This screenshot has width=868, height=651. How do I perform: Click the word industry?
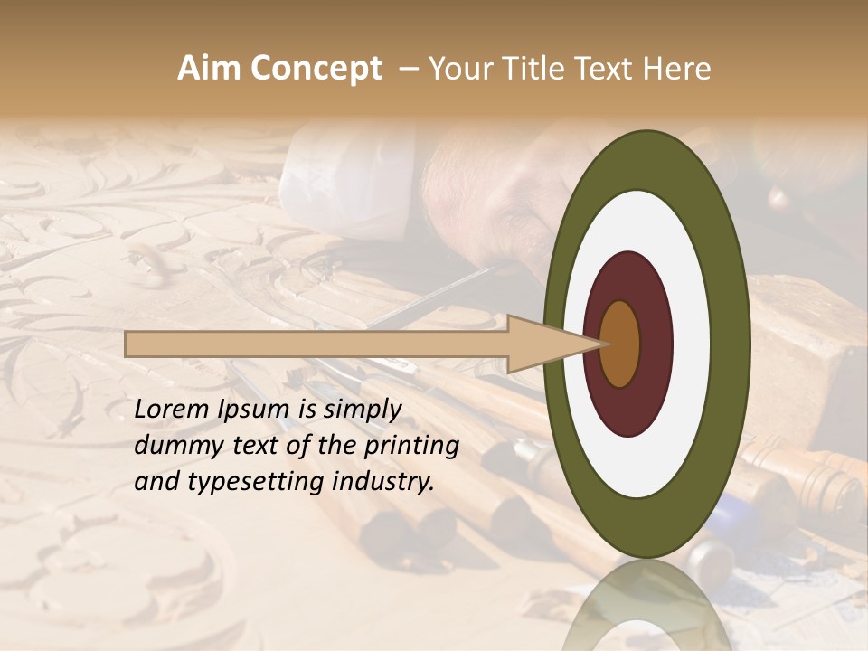point(383,482)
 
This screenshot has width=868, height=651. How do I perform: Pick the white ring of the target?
point(692,344)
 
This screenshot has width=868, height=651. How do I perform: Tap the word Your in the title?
point(458,69)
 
